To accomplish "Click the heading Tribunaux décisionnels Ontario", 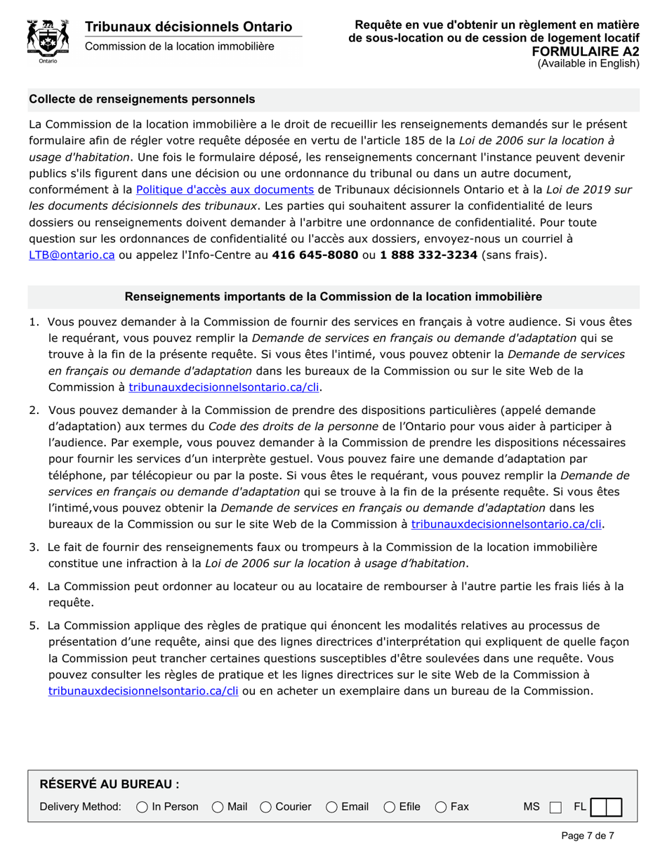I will [188, 27].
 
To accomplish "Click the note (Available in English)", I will [588, 63].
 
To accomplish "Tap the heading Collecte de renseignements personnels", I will [142, 100].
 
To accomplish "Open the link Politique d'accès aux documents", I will [225, 189].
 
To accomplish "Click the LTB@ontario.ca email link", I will [72, 255].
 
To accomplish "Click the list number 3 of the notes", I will [34, 547].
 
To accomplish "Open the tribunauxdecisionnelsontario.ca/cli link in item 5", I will [143, 691].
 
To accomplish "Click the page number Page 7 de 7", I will [588, 836].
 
